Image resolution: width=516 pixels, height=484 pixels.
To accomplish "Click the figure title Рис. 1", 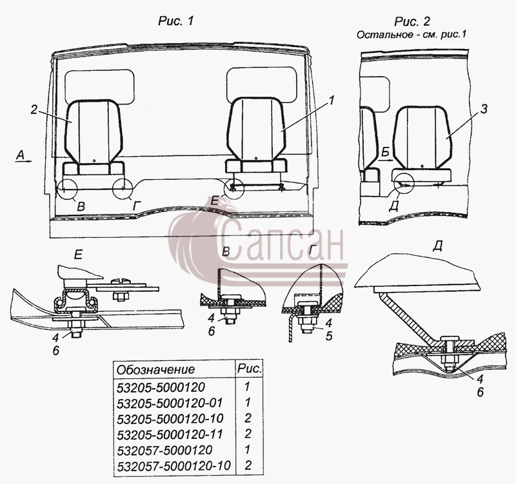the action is pos(175,21).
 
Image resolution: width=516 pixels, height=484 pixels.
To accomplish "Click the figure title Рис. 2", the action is pos(412,21).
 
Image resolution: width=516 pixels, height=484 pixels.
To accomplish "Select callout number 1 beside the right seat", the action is pos(331,100).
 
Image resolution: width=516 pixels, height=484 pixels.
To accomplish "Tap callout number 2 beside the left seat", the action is pos(34,110).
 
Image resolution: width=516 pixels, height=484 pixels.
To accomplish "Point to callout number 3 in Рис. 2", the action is pos(483,109).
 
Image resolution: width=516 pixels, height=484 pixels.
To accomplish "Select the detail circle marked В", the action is pos(67,189).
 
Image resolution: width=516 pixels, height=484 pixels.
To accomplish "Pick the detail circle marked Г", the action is pos(123,189).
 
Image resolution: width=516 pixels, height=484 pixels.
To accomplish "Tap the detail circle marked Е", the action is pos(234,189).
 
